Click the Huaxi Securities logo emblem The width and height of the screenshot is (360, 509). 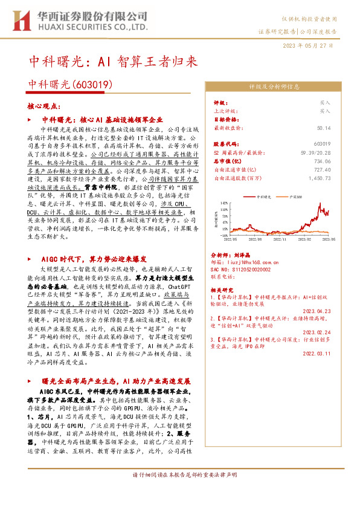[21, 21]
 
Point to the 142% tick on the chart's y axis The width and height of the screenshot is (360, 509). [224, 203]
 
